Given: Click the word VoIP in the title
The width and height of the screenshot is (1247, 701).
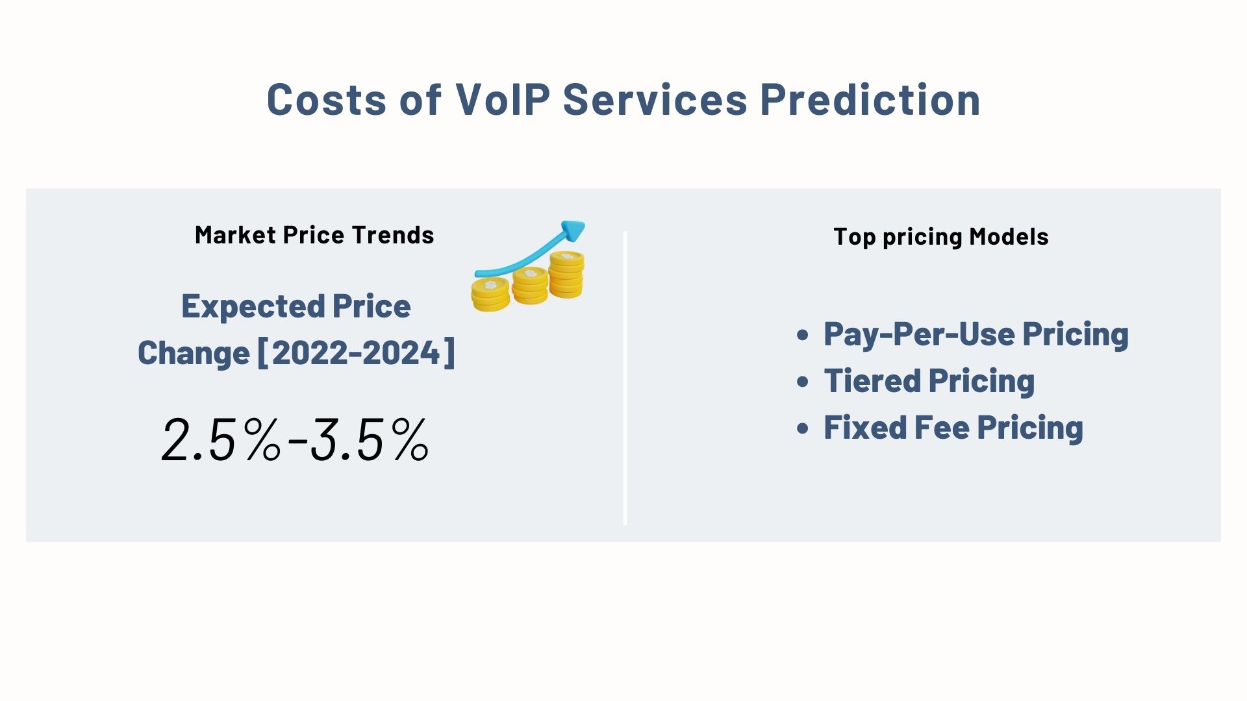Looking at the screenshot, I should pyautogui.click(x=503, y=100).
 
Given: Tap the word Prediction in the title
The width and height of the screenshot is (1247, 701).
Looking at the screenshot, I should pyautogui.click(x=870, y=100).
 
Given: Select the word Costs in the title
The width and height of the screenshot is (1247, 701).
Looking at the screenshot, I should pyautogui.click(x=326, y=100).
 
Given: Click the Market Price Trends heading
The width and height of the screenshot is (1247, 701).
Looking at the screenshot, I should pyautogui.click(x=314, y=235).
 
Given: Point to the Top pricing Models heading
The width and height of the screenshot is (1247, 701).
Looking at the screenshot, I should pyautogui.click(x=940, y=237).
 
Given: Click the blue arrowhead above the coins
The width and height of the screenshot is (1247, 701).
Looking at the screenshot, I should pyautogui.click(x=573, y=230).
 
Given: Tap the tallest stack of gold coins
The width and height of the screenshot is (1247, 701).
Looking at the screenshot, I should pyautogui.click(x=566, y=275).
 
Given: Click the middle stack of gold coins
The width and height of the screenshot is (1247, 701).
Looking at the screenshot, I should pyautogui.click(x=530, y=286).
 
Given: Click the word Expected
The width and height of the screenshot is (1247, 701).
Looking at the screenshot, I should pyautogui.click(x=253, y=306).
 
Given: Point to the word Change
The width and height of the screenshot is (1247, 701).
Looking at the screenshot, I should pyautogui.click(x=194, y=353).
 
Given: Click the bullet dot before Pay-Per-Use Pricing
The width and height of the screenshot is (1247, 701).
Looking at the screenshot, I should pyautogui.click(x=803, y=335).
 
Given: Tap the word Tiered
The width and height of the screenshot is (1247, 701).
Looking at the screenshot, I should pyautogui.click(x=872, y=381).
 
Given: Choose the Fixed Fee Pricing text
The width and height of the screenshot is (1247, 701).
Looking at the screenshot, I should pyautogui.click(x=953, y=428).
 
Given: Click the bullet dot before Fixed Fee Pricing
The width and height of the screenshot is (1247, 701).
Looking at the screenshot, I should pyautogui.click(x=803, y=428).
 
